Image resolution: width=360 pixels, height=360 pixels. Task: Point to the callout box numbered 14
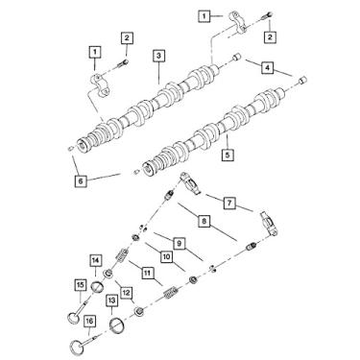(x=96, y=260)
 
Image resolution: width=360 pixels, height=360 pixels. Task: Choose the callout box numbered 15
(x=81, y=283)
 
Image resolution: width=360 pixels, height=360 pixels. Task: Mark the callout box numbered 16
(x=89, y=322)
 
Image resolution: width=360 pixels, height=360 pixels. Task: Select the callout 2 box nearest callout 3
(x=126, y=37)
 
